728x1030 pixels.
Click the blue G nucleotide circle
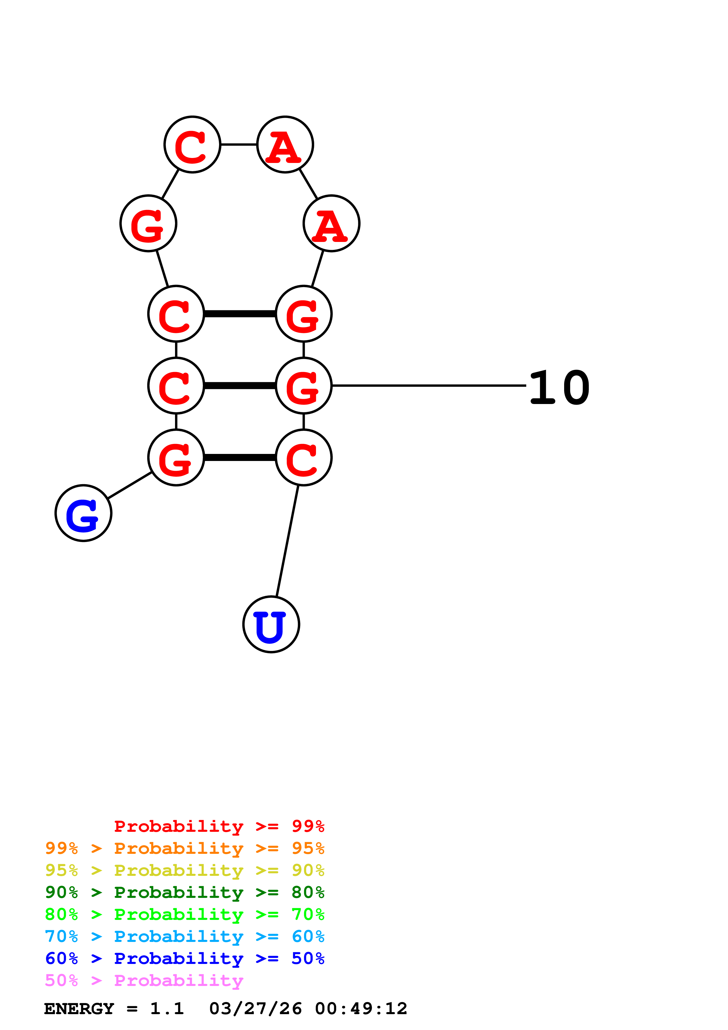pos(83,513)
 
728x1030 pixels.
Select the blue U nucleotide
pos(271,625)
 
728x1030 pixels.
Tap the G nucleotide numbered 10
pos(304,386)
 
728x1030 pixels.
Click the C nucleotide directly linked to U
pos(304,457)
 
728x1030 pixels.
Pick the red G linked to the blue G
pos(176,457)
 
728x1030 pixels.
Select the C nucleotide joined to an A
pos(192,144)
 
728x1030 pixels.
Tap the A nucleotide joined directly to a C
pos(285,144)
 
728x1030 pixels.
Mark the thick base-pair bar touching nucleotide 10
pos(240,386)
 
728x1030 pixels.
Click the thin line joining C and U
pos(287,541)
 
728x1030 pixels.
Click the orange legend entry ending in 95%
pos(184,848)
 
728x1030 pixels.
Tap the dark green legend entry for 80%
pos(184,892)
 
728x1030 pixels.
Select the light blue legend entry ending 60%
pos(184,936)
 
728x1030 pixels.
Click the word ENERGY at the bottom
pos(79,1009)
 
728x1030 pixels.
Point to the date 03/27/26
pos(255,1009)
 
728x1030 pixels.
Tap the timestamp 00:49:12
pos(361,1009)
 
